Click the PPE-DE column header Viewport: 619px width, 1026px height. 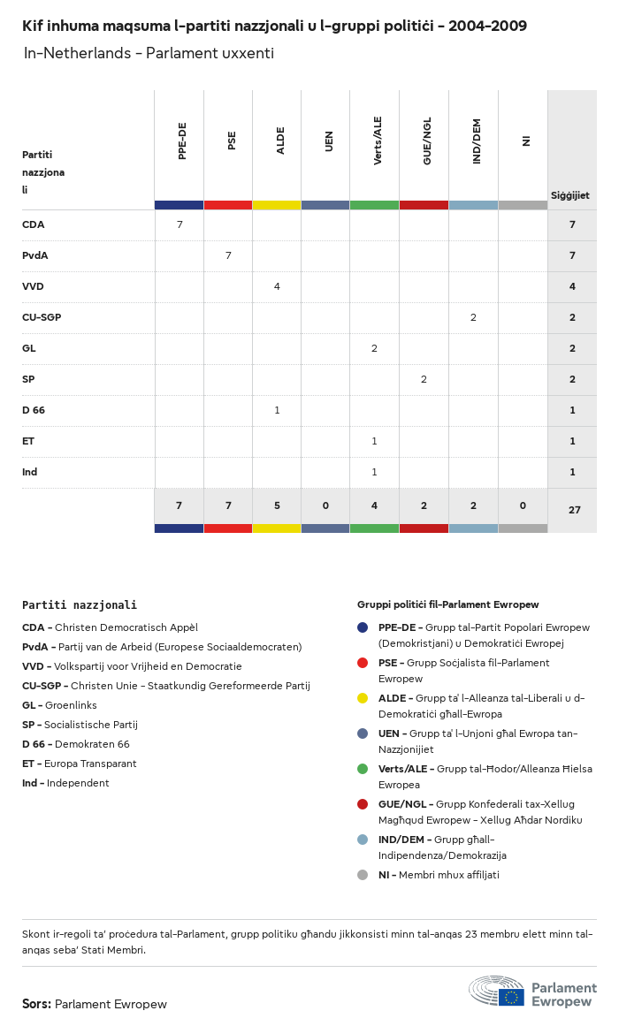[182, 141]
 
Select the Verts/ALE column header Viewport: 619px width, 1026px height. [378, 141]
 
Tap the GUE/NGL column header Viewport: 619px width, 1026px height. [427, 144]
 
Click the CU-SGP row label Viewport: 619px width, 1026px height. [42, 317]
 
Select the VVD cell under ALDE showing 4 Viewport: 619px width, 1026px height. [277, 286]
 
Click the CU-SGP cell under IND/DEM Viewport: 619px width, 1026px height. [473, 317]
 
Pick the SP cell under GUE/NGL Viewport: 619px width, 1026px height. [424, 379]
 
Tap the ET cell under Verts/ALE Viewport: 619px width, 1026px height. [374, 441]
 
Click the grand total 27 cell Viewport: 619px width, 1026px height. [572, 510]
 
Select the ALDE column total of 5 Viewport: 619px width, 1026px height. [277, 505]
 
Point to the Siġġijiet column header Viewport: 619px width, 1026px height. [570, 195]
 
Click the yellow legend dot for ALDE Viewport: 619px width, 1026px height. [363, 698]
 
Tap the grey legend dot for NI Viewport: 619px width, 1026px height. [363, 875]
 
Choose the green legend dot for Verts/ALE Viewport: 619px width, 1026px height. [363, 769]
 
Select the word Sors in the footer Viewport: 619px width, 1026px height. [36, 1004]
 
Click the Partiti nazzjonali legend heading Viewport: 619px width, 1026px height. [80, 605]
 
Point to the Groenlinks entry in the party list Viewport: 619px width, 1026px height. [71, 705]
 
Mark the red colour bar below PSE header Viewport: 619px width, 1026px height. [228, 205]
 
